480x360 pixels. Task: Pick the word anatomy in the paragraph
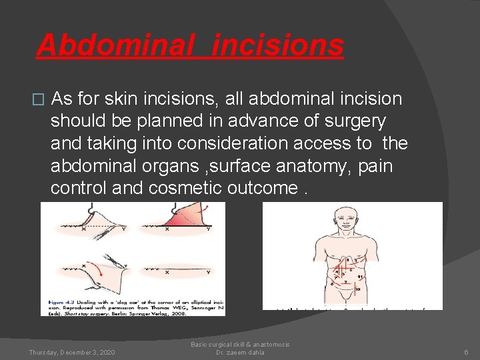pyautogui.click(x=340, y=165)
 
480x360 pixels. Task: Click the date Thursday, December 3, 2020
pyautogui.click(x=72, y=352)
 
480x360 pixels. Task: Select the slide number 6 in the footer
pyautogui.click(x=467, y=352)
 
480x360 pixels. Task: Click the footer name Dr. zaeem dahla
pyautogui.click(x=240, y=352)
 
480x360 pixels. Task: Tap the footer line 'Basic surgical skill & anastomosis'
pyautogui.click(x=240, y=344)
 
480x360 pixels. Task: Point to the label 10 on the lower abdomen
pyautogui.click(x=357, y=289)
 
